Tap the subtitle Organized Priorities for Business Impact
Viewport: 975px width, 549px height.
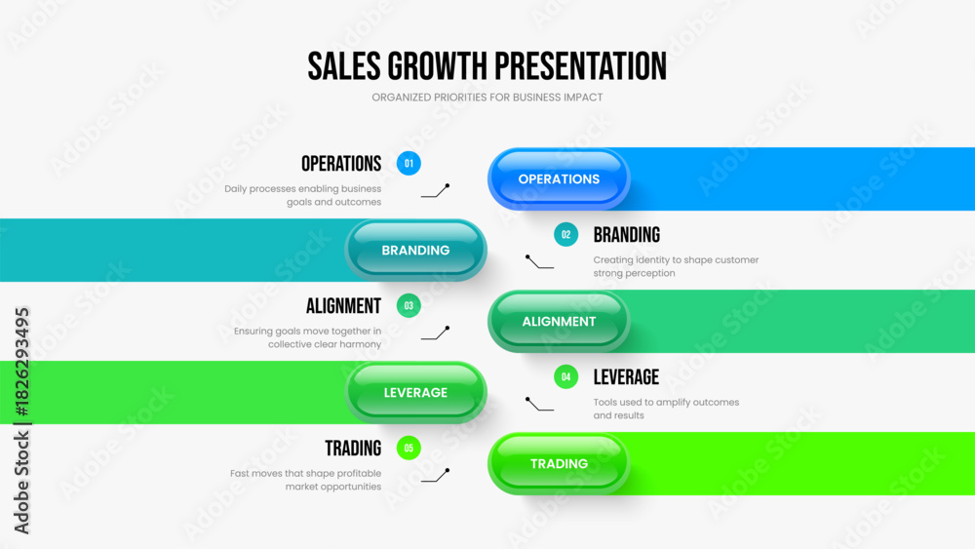(487, 98)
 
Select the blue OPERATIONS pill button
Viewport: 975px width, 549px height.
(559, 179)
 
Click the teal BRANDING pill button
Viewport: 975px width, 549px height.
(415, 250)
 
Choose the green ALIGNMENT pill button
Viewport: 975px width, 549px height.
(559, 322)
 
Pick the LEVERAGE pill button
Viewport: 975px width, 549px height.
(415, 392)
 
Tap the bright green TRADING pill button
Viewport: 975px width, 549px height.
(559, 464)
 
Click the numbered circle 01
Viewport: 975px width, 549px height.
(409, 164)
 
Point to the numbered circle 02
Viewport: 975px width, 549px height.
(565, 234)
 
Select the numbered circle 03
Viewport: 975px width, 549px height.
(409, 306)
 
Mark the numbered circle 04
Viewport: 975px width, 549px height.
(565, 376)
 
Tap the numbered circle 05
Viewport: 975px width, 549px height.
(409, 449)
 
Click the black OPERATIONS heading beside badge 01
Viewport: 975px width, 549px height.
(341, 164)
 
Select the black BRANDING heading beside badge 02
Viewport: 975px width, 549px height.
(626, 235)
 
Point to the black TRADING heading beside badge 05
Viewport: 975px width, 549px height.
(353, 449)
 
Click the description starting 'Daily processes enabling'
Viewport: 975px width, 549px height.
(303, 195)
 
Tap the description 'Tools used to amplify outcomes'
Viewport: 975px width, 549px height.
(666, 409)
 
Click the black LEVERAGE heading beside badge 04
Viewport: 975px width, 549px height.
(626, 377)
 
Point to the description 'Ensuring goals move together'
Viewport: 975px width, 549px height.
(308, 337)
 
